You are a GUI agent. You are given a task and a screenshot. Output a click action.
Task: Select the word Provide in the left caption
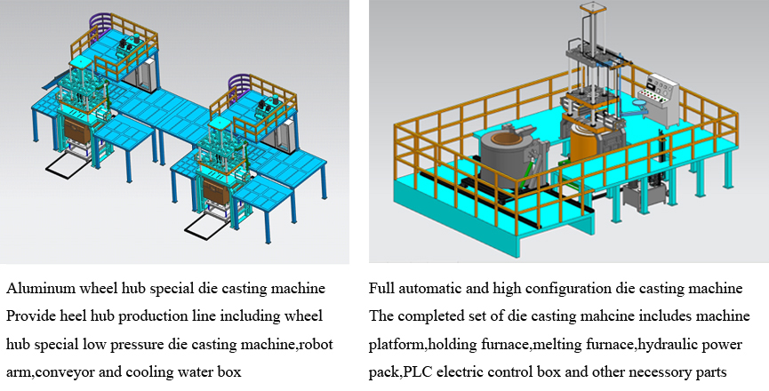29,316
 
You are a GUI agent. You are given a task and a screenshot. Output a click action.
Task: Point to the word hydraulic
651,343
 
